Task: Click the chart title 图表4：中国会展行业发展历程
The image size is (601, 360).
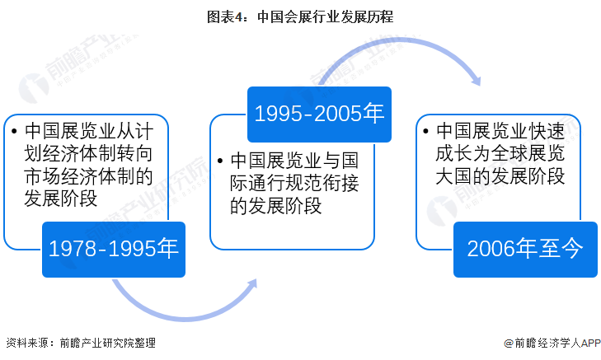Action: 300,14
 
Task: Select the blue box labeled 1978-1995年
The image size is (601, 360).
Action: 114,249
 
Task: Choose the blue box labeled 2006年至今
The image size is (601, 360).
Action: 525,249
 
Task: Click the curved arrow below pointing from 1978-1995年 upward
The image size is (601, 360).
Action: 181,309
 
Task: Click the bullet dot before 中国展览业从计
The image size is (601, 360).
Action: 14,132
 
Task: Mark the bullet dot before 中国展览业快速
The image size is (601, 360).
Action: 425,132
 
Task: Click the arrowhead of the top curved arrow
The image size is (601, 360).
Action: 476,79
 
